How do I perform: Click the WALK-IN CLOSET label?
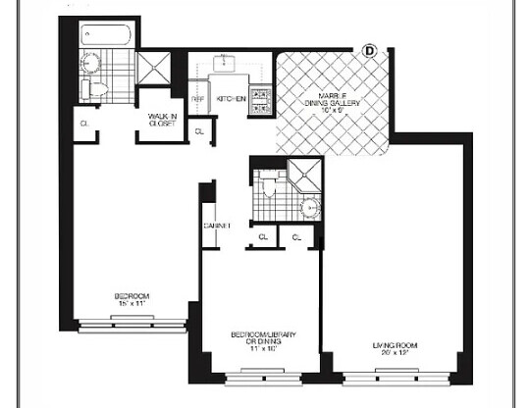coord(162,120)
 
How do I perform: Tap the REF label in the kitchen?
coord(196,99)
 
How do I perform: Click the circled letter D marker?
coord(370,50)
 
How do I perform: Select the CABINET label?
coord(216,226)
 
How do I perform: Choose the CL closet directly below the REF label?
coord(200,130)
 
